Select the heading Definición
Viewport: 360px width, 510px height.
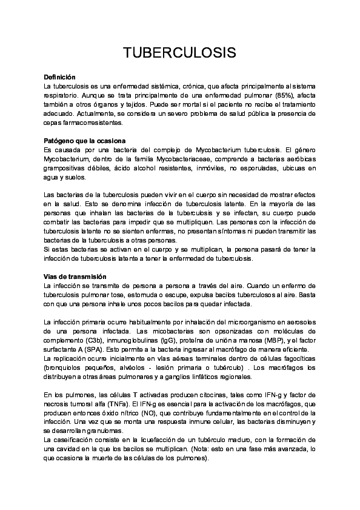[59, 78]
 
